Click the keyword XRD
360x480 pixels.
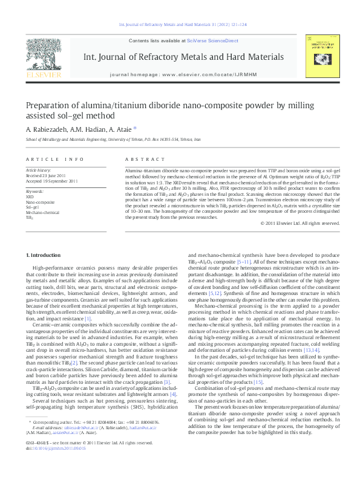click(x=30, y=196)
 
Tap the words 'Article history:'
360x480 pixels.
click(x=38, y=171)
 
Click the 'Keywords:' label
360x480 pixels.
click(x=35, y=192)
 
